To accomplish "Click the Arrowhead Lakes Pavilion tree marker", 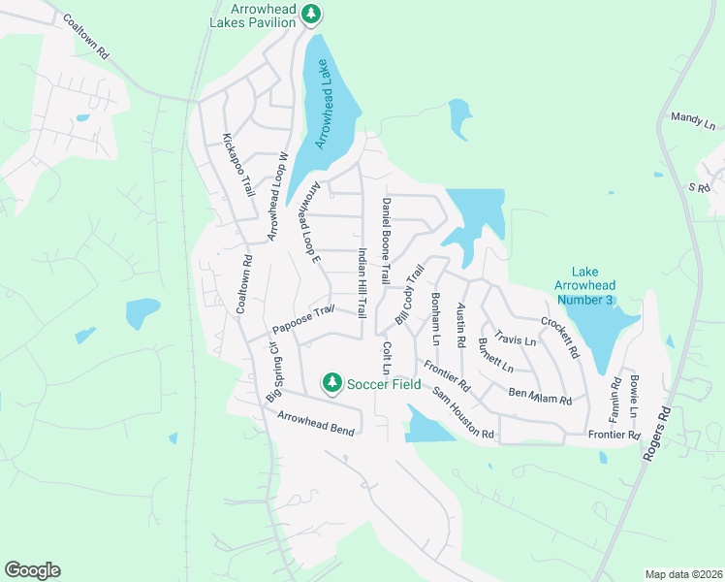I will (x=310, y=14).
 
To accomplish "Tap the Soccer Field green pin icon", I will (x=332, y=383).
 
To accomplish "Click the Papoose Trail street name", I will (x=303, y=317).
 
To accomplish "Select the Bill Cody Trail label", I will (x=410, y=297).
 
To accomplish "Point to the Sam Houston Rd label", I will (x=463, y=411).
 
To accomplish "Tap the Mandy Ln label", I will (x=692, y=120).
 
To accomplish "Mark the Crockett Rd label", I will (x=559, y=336).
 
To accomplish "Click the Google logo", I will (x=32, y=570).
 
